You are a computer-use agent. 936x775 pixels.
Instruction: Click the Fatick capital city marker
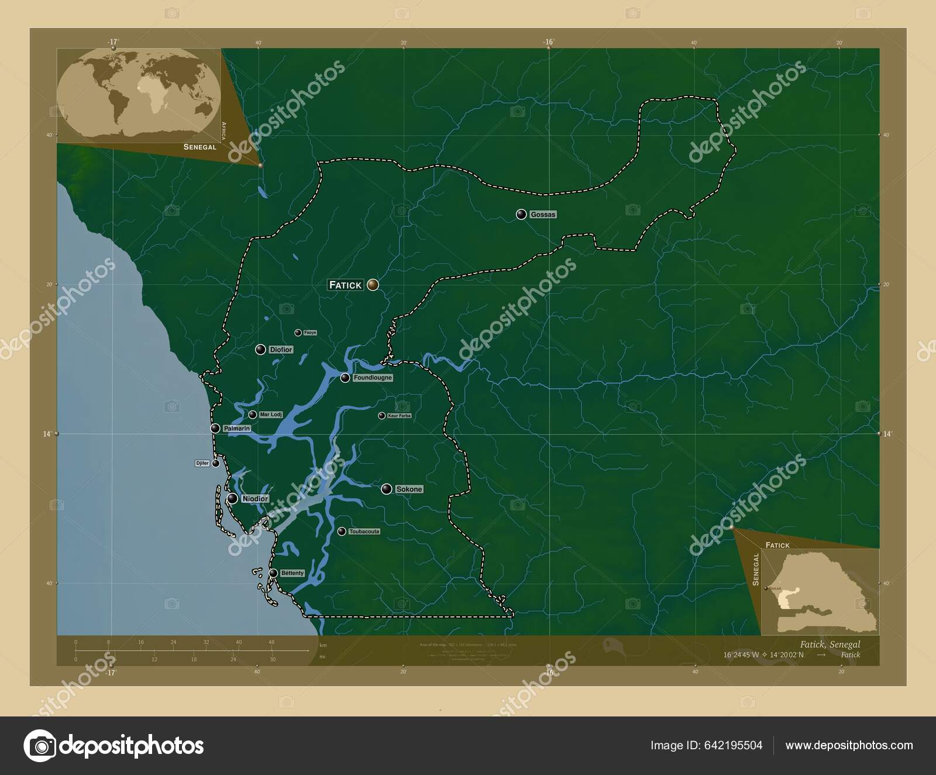(x=373, y=285)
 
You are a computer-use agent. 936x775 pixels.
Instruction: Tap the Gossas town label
(x=542, y=215)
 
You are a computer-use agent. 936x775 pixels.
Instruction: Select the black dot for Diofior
(x=260, y=349)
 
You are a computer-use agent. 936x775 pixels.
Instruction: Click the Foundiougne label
(x=373, y=378)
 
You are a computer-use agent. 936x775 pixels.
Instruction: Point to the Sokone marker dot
(x=386, y=489)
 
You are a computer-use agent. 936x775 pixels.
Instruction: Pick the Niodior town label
(x=254, y=499)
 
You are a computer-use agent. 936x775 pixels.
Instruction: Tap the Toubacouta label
(x=364, y=531)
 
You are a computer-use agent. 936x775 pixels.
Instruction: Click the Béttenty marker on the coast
(x=273, y=573)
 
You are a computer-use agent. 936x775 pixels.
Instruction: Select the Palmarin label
(x=236, y=428)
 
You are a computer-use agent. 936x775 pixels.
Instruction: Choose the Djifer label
(x=202, y=463)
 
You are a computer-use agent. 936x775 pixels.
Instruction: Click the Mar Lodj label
(x=270, y=414)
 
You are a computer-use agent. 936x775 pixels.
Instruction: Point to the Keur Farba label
(x=399, y=416)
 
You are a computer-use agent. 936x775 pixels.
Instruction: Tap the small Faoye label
(x=310, y=332)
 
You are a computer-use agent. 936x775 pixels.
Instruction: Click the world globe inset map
(x=140, y=94)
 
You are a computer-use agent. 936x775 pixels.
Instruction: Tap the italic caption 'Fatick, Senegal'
(x=830, y=644)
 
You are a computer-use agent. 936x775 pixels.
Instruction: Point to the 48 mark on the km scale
(x=271, y=642)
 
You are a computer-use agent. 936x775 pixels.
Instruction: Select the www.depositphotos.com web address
(x=849, y=745)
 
